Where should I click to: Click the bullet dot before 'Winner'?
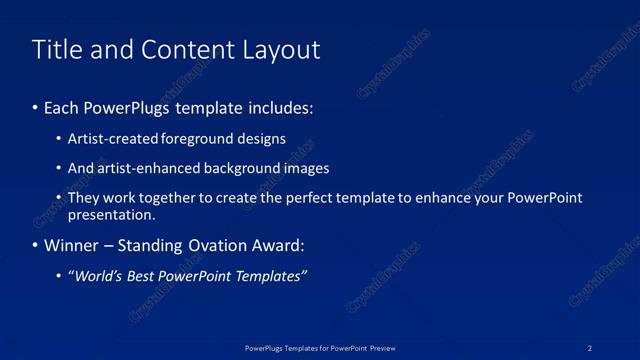pyautogui.click(x=36, y=245)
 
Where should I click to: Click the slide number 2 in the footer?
pyautogui.click(x=590, y=347)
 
